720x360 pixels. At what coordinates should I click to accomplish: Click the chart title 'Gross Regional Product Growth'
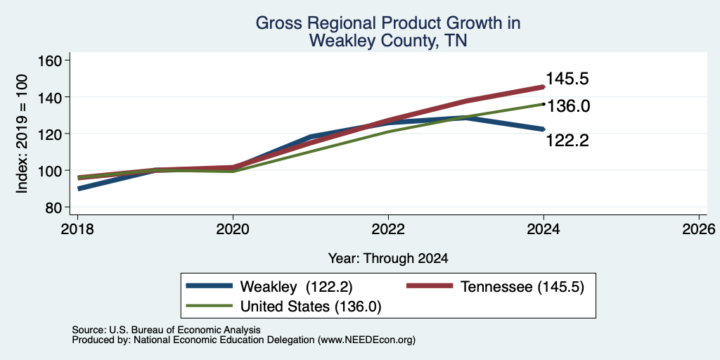[388, 22]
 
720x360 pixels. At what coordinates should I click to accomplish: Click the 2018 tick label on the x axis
[77, 229]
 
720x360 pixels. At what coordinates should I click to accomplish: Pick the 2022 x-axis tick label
[388, 229]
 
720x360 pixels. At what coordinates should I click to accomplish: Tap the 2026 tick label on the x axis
[698, 229]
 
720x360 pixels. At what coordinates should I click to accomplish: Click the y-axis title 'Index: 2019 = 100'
[22, 134]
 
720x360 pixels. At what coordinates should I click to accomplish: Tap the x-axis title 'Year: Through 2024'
[388, 259]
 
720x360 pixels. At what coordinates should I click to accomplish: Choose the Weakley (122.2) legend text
[296, 287]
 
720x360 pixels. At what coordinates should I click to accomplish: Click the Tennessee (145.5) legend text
[522, 287]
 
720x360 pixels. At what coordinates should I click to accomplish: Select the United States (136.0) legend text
[311, 307]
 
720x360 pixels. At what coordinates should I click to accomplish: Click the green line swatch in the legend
[208, 306]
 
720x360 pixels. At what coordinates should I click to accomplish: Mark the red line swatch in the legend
[430, 286]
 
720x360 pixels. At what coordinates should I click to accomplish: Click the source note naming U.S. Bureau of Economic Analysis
[166, 330]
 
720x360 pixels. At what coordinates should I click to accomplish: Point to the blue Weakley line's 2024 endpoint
[544, 129]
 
